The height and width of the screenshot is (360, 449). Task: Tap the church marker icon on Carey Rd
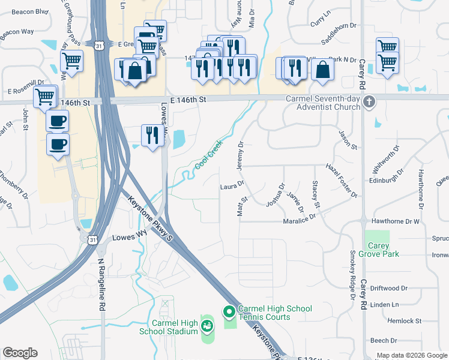369,102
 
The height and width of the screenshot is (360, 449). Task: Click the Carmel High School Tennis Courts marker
228,311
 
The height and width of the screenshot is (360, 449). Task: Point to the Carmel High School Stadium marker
207,326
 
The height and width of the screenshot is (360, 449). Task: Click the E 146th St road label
188,100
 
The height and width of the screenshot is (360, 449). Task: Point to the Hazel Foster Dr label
341,181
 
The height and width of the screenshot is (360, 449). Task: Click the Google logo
19,353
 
